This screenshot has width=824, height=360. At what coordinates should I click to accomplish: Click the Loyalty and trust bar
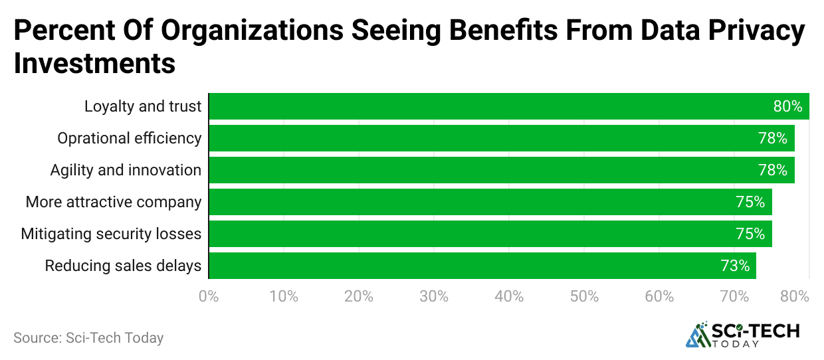click(x=508, y=106)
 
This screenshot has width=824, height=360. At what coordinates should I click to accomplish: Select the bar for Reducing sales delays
click(x=482, y=266)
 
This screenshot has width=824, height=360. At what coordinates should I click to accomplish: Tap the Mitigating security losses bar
click(x=490, y=234)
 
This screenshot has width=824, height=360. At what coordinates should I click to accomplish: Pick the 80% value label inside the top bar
click(x=787, y=106)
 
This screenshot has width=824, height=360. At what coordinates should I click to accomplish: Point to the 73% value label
click(x=735, y=266)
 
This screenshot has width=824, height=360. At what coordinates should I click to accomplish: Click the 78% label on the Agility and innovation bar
click(x=772, y=170)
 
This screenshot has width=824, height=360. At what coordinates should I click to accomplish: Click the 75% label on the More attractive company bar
click(x=750, y=202)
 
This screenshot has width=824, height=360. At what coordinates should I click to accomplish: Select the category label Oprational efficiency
click(x=129, y=138)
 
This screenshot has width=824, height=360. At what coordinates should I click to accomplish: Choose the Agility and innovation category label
click(x=126, y=170)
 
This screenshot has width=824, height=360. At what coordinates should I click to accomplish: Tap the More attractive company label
click(x=114, y=202)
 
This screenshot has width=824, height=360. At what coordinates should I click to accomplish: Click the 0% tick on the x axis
click(x=209, y=296)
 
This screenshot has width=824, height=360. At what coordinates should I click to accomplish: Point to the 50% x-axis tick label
click(x=585, y=296)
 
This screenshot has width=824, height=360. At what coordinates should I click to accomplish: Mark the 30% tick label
click(x=435, y=296)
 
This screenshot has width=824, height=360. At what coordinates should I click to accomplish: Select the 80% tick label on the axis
click(x=795, y=296)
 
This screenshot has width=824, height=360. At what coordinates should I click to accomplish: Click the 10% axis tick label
click(x=284, y=296)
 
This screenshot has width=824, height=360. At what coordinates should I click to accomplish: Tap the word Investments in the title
click(x=94, y=64)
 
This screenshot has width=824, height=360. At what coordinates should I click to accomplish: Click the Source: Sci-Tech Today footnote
click(x=88, y=337)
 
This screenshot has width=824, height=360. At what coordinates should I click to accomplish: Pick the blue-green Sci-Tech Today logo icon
click(x=698, y=336)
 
